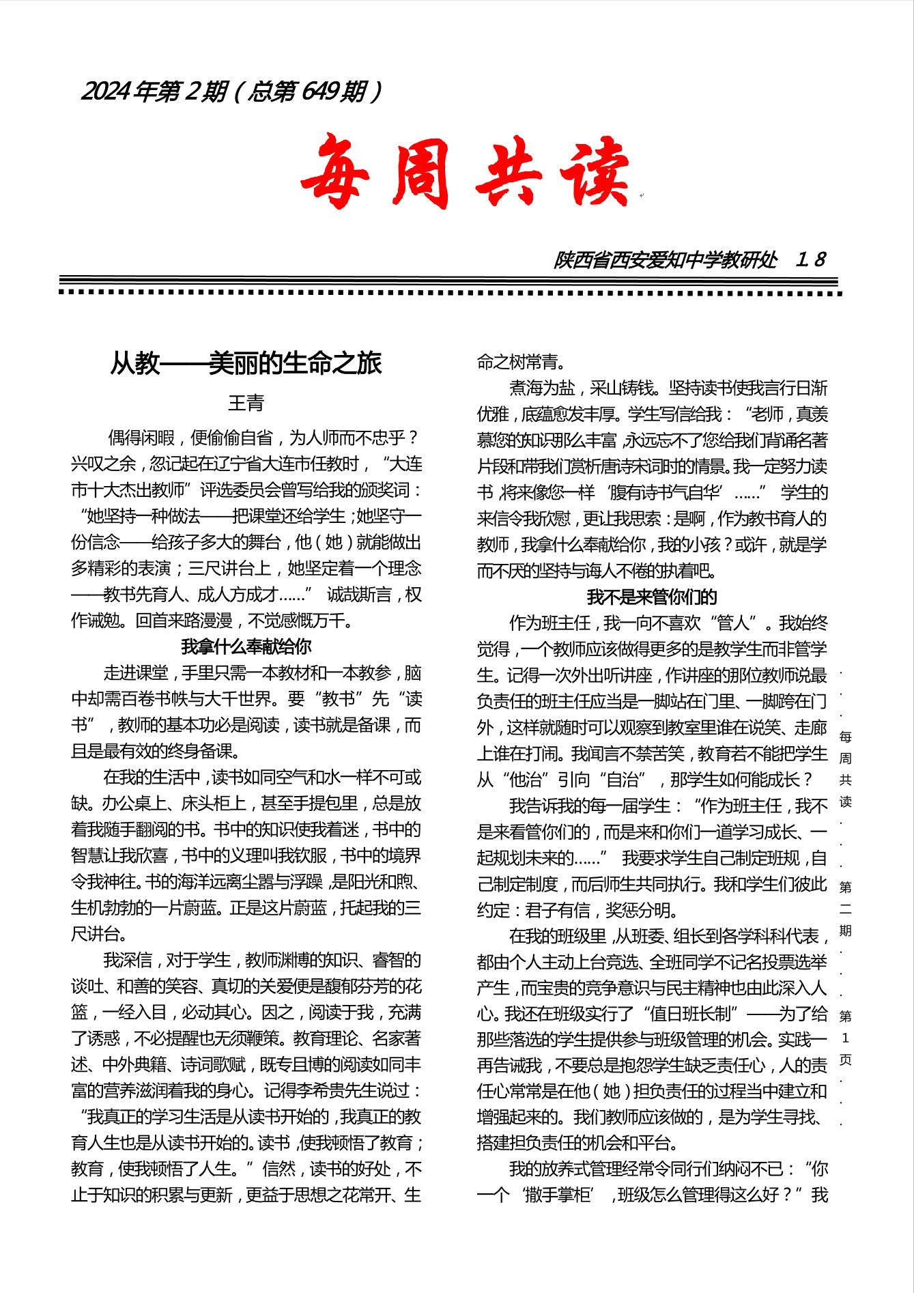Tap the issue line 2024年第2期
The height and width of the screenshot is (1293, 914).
point(153,91)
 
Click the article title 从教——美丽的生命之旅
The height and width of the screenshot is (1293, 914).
point(246,363)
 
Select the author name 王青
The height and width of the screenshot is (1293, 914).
point(246,403)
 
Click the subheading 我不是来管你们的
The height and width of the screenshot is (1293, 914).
point(652,597)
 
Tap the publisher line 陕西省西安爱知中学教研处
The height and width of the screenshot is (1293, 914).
point(666,260)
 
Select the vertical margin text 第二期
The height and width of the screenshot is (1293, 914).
point(845,909)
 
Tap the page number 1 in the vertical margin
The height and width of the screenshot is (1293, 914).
point(845,1038)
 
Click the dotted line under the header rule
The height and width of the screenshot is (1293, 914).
point(451,293)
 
